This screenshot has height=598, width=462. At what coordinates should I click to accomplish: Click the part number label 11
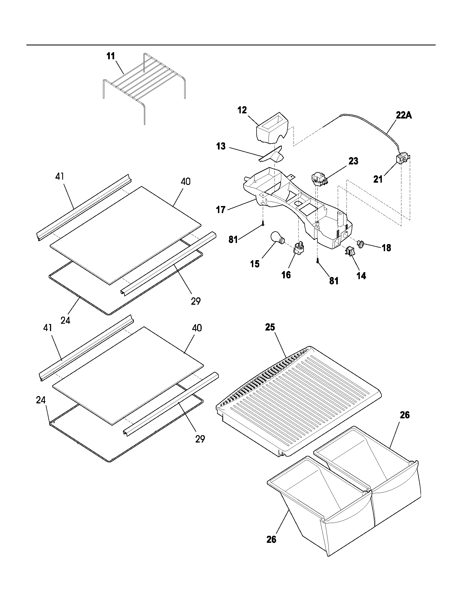[x=111, y=57]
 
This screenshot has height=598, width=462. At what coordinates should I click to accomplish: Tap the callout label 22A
[x=404, y=116]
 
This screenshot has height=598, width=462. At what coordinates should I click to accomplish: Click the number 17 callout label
[x=221, y=210]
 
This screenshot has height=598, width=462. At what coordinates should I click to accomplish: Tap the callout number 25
[x=270, y=327]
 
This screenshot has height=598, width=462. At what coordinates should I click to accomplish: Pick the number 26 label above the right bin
[x=405, y=415]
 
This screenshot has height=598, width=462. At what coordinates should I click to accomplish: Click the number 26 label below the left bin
[x=271, y=539]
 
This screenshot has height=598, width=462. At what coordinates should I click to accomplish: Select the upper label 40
[x=186, y=181]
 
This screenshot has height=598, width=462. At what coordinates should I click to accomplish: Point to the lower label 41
[x=48, y=328]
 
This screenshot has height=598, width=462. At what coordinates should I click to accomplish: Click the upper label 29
[x=196, y=301]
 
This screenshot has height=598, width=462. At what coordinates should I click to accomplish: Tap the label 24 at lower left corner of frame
[x=41, y=400]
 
